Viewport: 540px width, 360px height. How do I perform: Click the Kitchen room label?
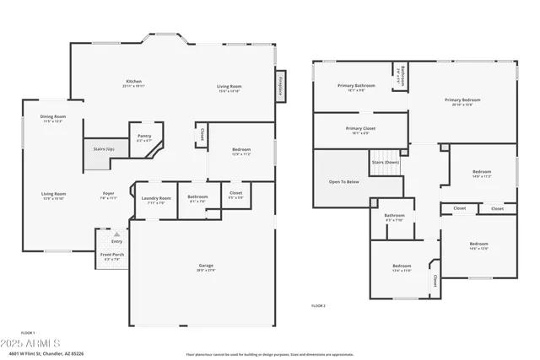pyautogui.click(x=133, y=82)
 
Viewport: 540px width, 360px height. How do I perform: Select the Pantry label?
pyautogui.click(x=144, y=137)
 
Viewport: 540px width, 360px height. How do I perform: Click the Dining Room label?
pyautogui.click(x=54, y=116)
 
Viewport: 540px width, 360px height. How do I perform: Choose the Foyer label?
pyautogui.click(x=109, y=193)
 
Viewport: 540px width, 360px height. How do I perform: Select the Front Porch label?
pyautogui.click(x=112, y=255)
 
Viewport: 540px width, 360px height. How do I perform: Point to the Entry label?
pyautogui.click(x=116, y=241)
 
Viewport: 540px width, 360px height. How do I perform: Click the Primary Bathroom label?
pyautogui.click(x=356, y=86)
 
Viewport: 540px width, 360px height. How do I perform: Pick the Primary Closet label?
pyautogui.click(x=360, y=129)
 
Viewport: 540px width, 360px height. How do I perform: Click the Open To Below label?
pyautogui.click(x=343, y=181)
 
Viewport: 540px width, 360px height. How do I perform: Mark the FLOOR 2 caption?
pyautogui.click(x=318, y=305)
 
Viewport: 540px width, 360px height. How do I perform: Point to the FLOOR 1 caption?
pyautogui.click(x=27, y=334)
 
